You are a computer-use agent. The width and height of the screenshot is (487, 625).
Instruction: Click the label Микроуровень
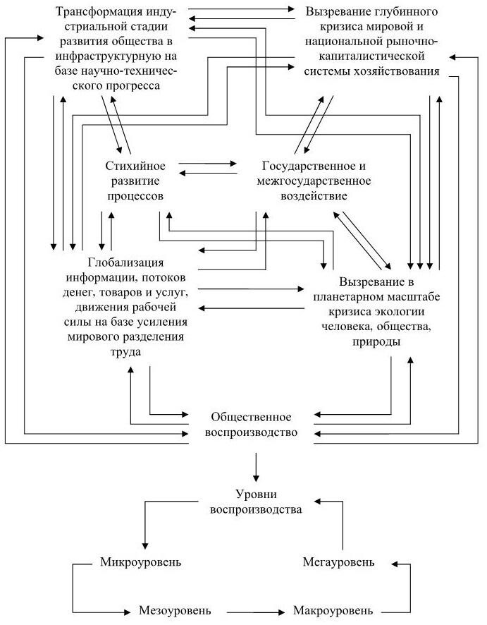coord(140,562)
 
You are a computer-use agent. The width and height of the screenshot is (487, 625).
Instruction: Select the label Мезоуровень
coord(175,610)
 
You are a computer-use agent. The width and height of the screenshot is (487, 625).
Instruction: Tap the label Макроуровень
coord(333,610)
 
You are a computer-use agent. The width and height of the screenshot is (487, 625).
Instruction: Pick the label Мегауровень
coord(338,562)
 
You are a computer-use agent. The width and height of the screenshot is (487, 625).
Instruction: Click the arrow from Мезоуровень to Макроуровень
coord(257,612)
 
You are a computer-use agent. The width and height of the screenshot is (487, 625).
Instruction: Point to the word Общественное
coord(251,417)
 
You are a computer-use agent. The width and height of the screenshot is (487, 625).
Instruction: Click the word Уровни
coord(256,494)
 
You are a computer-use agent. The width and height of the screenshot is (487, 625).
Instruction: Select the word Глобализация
coord(126,262)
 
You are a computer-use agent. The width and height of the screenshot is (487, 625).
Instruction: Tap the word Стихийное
coord(135,166)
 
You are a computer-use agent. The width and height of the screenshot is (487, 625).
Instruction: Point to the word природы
coord(376,342)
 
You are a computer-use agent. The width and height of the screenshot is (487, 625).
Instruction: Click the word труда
coord(125,352)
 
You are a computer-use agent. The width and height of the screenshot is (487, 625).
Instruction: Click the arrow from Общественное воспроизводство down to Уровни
coord(256,467)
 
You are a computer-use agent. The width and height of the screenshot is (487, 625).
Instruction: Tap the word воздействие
coord(314,196)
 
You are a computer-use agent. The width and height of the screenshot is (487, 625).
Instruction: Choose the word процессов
coord(135,196)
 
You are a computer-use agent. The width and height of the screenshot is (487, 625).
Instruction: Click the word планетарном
coord(346,298)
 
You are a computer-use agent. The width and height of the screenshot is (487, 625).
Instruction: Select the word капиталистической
coord(372,56)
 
